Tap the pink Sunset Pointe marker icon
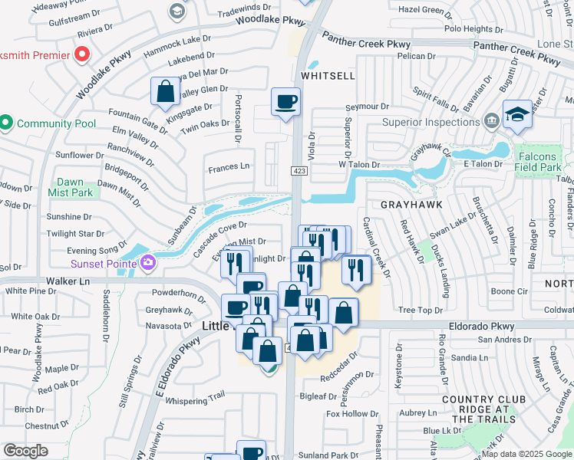147,264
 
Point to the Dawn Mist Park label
75,187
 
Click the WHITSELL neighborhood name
328,76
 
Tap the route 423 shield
299,170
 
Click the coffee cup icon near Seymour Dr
285,102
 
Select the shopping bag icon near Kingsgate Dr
165,92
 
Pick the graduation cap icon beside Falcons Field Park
517,114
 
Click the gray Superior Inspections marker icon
491,121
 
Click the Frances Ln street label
229,166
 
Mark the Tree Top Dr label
417,310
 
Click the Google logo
25,450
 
